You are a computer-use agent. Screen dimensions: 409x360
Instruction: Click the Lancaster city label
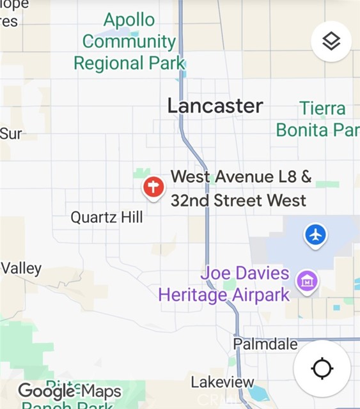click(x=215, y=106)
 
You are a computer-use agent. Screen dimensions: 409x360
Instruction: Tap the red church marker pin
click(x=153, y=188)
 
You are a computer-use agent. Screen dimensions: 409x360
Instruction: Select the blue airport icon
click(x=315, y=235)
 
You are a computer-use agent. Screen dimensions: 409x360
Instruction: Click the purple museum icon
click(x=307, y=281)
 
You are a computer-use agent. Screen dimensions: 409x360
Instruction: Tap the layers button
click(x=331, y=42)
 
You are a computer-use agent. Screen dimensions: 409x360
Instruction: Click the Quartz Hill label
click(x=107, y=217)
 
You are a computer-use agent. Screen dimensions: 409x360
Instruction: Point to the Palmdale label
click(x=265, y=344)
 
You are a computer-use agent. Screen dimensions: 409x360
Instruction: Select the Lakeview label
click(x=223, y=382)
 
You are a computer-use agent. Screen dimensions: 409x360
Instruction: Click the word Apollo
click(x=129, y=20)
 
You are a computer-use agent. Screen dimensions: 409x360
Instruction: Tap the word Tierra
click(x=322, y=109)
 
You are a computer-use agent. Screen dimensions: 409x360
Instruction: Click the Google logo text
click(x=47, y=391)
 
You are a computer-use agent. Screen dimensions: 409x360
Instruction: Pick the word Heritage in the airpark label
click(x=192, y=295)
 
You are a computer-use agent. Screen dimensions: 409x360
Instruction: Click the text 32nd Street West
click(x=238, y=200)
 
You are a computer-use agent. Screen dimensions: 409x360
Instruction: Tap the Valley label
click(x=21, y=268)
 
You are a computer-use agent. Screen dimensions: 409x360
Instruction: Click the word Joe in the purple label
click(x=214, y=274)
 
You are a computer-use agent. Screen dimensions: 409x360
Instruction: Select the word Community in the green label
click(x=129, y=42)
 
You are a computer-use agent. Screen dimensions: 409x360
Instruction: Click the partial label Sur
click(x=11, y=134)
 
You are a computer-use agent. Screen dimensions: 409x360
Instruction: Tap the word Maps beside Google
click(x=100, y=391)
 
